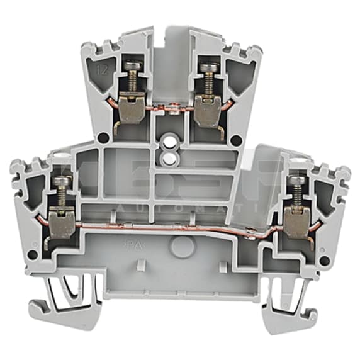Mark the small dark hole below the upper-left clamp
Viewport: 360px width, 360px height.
pyautogui.click(x=102, y=140)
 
